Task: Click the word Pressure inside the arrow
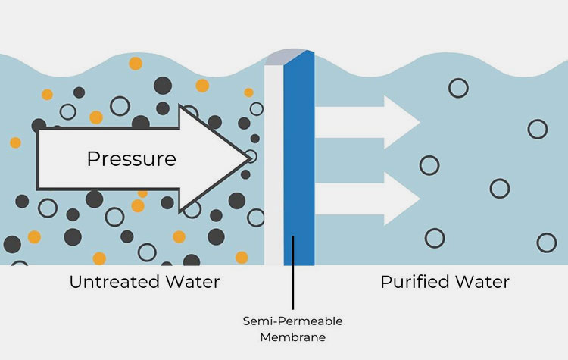point(131,159)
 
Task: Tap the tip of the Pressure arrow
point(248,158)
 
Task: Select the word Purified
point(415,282)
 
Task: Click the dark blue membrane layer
point(298,167)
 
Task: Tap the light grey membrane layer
point(273,167)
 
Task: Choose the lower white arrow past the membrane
point(367,199)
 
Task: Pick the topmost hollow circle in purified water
point(457,88)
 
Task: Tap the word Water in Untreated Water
point(189,282)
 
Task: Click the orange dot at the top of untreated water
point(135,63)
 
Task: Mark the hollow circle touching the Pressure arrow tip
point(251,157)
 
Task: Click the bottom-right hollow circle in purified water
point(546,243)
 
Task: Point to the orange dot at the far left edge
point(15,142)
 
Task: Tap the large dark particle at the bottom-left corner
point(12,244)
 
